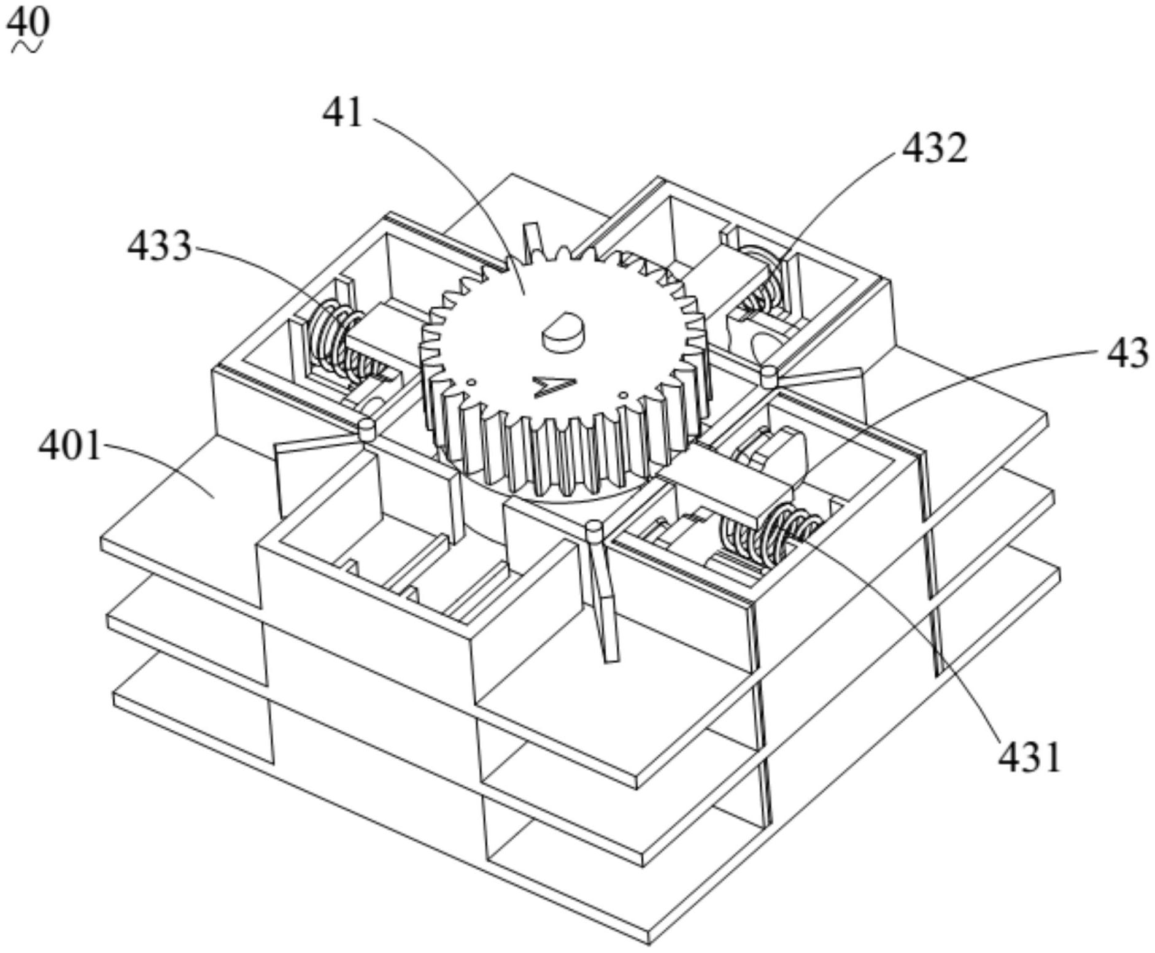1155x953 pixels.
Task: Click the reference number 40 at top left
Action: (28, 23)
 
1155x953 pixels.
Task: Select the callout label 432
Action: (934, 147)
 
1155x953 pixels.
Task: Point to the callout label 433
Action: (159, 246)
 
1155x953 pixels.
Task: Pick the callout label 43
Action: (1127, 353)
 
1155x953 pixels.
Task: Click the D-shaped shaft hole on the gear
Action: (562, 333)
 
